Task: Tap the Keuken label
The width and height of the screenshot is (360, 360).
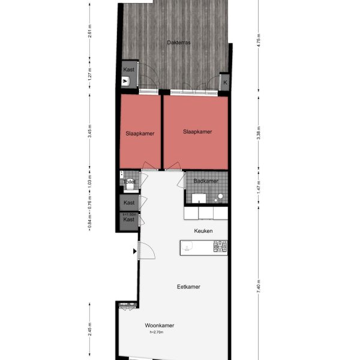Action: [x=203, y=230]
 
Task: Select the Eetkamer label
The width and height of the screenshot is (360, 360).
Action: [x=188, y=287]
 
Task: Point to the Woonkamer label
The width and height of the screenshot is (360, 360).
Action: [x=160, y=325]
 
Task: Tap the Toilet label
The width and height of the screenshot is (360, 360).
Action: [x=129, y=181]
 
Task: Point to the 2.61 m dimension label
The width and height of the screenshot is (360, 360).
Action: [x=89, y=34]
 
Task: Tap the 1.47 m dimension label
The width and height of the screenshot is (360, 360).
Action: [x=257, y=185]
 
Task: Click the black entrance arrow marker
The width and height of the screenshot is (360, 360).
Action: [x=134, y=252]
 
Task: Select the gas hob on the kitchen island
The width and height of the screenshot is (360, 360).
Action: [x=220, y=246]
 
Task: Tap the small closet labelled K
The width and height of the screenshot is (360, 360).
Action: [x=225, y=82]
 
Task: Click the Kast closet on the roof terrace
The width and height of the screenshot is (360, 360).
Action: [x=129, y=70]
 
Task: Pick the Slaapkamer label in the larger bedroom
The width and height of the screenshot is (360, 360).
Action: [x=197, y=132]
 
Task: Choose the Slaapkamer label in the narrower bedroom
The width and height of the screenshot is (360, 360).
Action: [x=140, y=134]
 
